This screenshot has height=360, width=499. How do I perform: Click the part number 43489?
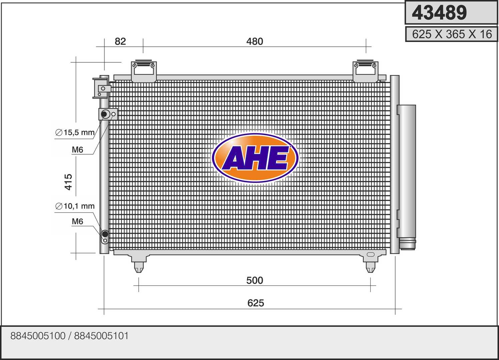tap(439, 13)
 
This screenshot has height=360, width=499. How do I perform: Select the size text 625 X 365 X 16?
tap(452, 34)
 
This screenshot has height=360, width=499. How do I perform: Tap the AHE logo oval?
tap(255, 158)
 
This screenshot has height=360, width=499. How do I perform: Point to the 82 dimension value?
tap(120, 41)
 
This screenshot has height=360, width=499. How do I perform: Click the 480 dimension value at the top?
tap(255, 41)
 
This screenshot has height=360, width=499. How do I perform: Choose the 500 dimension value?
tap(255, 280)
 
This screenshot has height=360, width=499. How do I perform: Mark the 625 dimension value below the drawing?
tap(256, 303)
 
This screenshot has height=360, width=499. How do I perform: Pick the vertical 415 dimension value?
tap(68, 182)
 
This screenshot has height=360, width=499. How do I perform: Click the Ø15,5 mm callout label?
tap(75, 132)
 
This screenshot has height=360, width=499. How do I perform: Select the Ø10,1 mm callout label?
tap(75, 206)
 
